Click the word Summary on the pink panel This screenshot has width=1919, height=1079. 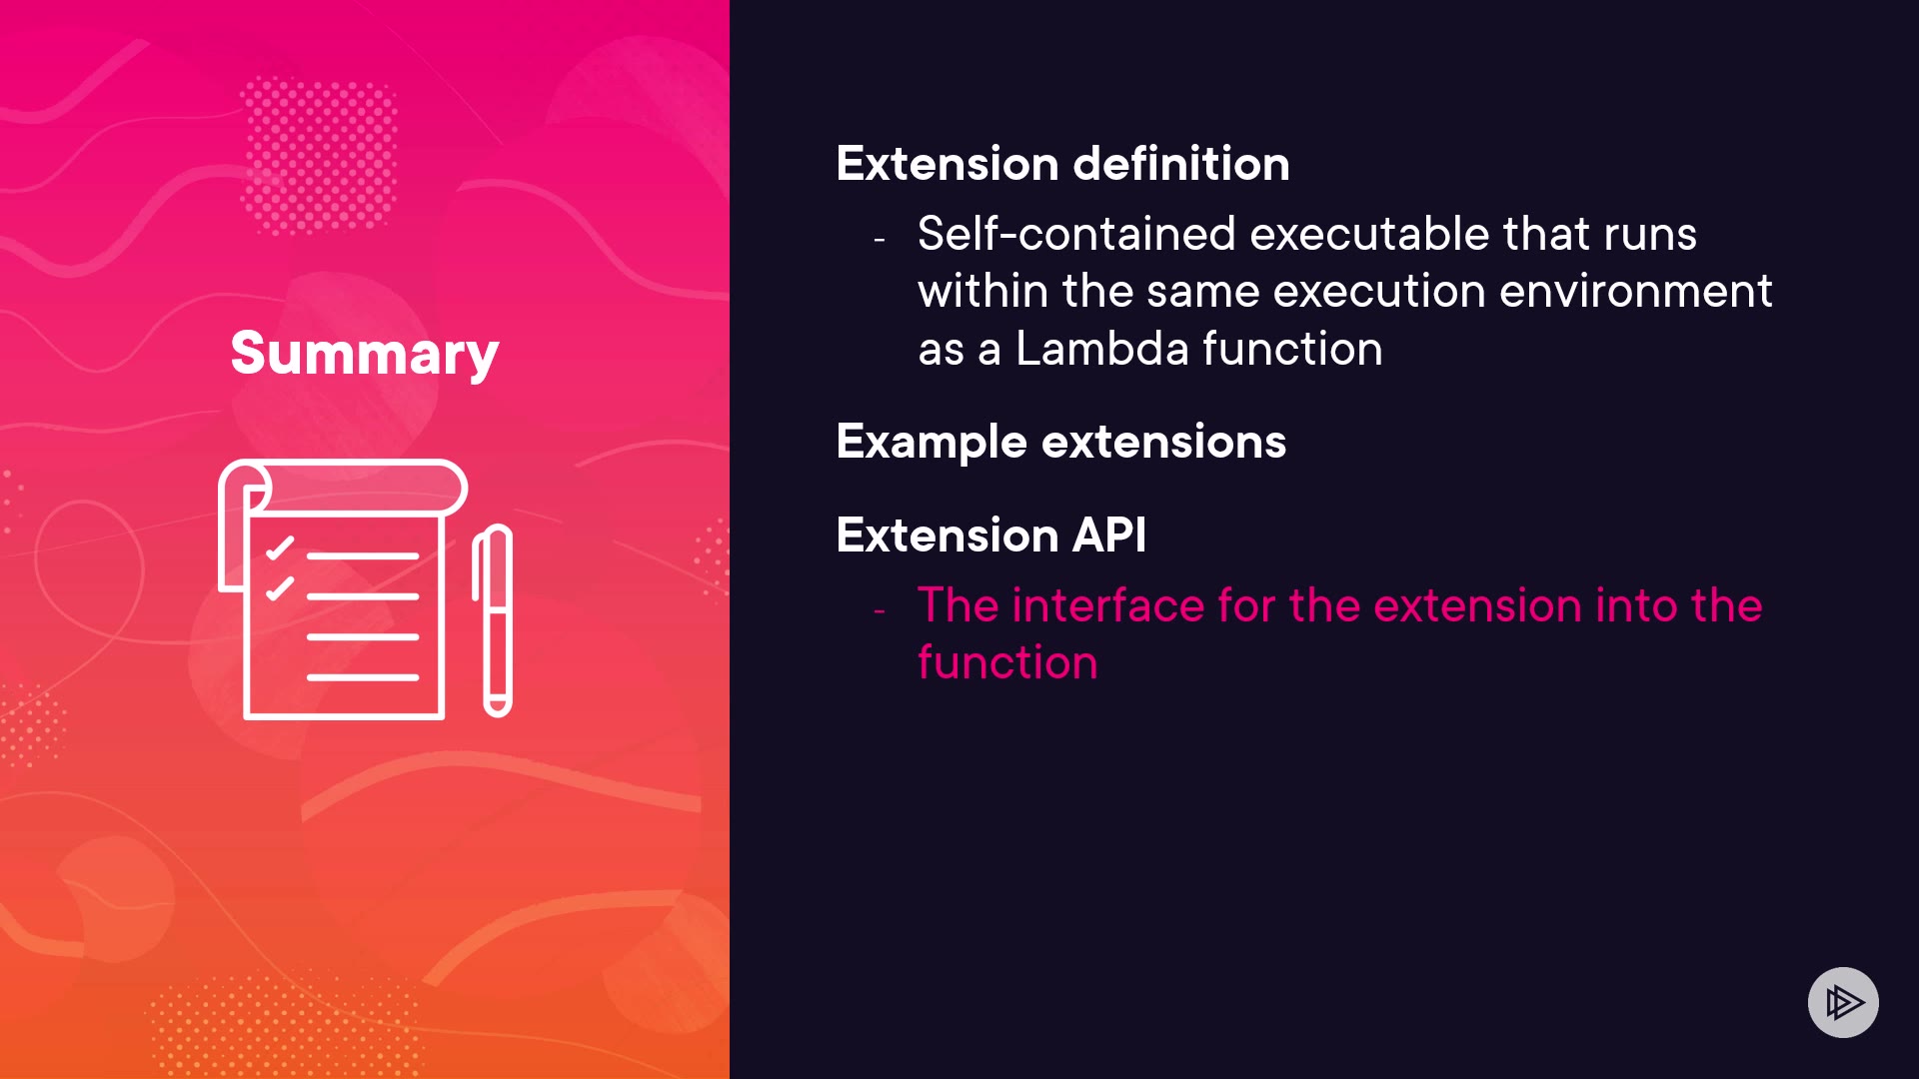pos(365,354)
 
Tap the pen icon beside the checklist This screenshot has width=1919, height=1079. pos(493,620)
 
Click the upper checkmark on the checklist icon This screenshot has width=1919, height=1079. pos(280,548)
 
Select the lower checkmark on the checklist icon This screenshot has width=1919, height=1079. pos(280,587)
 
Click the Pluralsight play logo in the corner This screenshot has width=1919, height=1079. pos(1843,1002)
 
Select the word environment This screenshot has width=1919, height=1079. pos(1636,292)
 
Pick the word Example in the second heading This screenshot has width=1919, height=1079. pos(932,443)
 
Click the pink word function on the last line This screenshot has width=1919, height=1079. pos(1007,663)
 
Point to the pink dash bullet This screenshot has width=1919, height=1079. pos(880,610)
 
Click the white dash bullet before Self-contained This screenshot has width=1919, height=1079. pos(880,240)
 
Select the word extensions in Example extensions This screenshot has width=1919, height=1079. pos(1164,442)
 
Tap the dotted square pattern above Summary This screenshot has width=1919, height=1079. pos(320,156)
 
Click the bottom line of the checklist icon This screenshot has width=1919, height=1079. pos(363,677)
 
